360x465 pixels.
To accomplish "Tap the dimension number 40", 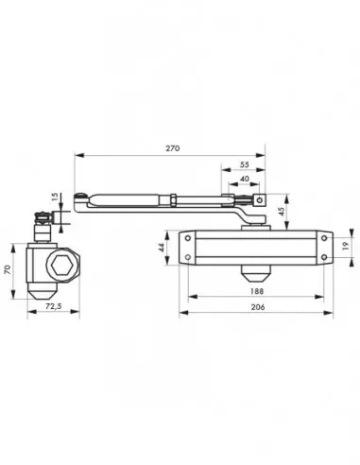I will coord(245,179).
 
